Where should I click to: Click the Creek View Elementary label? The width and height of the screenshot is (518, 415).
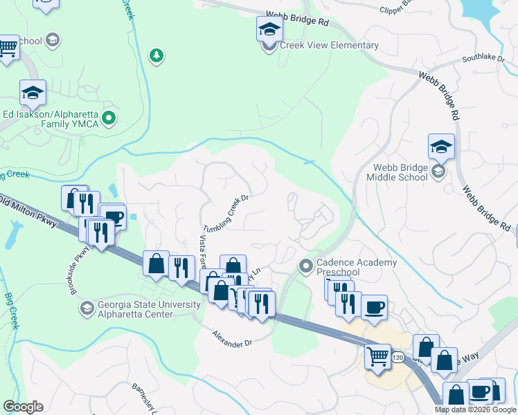click(x=329, y=46)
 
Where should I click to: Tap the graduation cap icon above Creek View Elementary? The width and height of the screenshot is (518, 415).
click(x=269, y=29)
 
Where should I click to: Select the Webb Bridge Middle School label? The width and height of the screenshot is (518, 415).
click(x=400, y=172)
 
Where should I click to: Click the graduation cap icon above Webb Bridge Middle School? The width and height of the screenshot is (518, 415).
click(x=441, y=147)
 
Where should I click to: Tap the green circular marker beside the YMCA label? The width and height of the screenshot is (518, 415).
click(x=108, y=119)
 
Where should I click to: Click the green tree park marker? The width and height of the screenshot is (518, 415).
click(x=157, y=55)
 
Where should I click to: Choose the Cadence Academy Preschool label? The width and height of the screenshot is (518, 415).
click(x=357, y=267)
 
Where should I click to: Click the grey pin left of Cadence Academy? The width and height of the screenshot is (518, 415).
click(x=305, y=266)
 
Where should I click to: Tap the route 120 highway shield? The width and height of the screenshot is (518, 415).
click(x=396, y=358)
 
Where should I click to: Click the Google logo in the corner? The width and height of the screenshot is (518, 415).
click(x=23, y=407)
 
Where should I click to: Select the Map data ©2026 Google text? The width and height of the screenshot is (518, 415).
click(x=474, y=409)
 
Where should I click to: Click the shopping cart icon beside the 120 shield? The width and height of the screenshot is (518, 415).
click(x=377, y=356)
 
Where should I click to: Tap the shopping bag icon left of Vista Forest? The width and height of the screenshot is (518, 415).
click(x=157, y=264)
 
